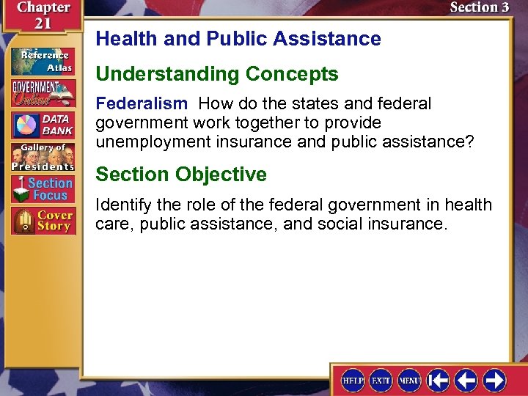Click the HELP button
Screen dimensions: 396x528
click(353, 380)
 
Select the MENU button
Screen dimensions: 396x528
click(408, 380)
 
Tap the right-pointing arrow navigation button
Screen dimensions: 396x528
click(494, 380)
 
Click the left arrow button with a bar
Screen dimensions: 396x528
click(439, 380)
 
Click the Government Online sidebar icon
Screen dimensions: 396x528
click(43, 94)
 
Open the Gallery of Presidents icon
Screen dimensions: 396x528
click(43, 157)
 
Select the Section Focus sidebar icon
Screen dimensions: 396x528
click(43, 189)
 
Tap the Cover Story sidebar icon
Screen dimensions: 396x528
click(43, 221)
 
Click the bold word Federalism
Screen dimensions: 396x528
click(142, 104)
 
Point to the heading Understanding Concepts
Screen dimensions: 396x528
click(217, 74)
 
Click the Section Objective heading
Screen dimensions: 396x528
click(181, 175)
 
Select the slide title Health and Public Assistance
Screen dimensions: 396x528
click(238, 39)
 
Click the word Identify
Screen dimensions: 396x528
click(122, 205)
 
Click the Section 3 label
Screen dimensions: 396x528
click(479, 8)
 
